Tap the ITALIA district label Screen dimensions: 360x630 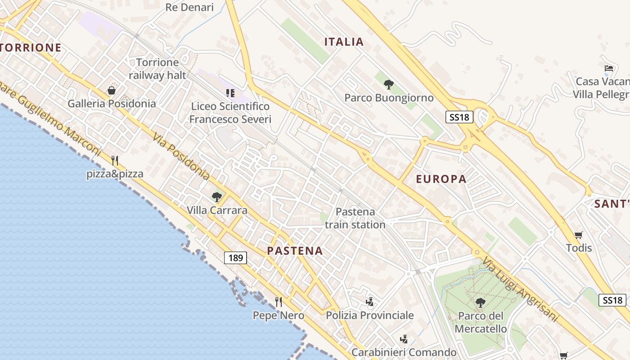pyautogui.click(x=344, y=42)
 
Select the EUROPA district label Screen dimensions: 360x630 pyautogui.click(x=441, y=179)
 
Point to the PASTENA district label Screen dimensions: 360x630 pyautogui.click(x=295, y=251)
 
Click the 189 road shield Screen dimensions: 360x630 pyautogui.click(x=235, y=258)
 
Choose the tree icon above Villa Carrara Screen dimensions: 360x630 pyautogui.click(x=217, y=197)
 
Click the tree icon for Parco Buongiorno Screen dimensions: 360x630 pyautogui.click(x=389, y=84)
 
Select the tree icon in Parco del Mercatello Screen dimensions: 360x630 pyautogui.click(x=481, y=302)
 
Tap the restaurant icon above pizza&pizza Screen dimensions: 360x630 pyautogui.click(x=115, y=160)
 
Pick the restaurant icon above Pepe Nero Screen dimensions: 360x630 pyautogui.click(x=279, y=301)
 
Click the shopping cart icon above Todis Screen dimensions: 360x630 pyautogui.click(x=579, y=234)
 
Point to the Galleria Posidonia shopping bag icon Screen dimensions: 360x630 pyautogui.click(x=112, y=90)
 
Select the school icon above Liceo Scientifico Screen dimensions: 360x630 pyautogui.click(x=230, y=93)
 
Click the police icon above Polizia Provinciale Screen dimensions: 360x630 pyautogui.click(x=369, y=301)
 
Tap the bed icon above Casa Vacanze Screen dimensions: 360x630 pyautogui.click(x=609, y=68)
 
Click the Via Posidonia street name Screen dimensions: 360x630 pyautogui.click(x=181, y=156)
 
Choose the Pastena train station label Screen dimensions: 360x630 pyautogui.click(x=355, y=218)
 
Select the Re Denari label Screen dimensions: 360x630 pyautogui.click(x=189, y=7)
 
